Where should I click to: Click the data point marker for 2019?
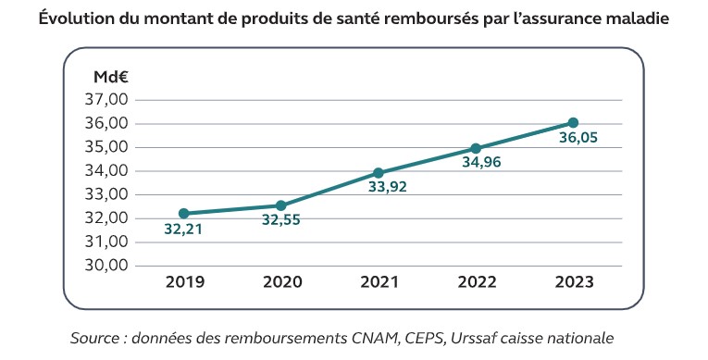183,214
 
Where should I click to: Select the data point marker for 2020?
280,205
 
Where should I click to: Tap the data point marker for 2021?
378,173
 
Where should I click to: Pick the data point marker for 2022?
476,148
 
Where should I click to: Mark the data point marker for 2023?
573,123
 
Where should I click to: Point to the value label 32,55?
280,220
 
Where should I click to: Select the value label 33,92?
388,187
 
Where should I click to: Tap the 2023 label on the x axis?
573,282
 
